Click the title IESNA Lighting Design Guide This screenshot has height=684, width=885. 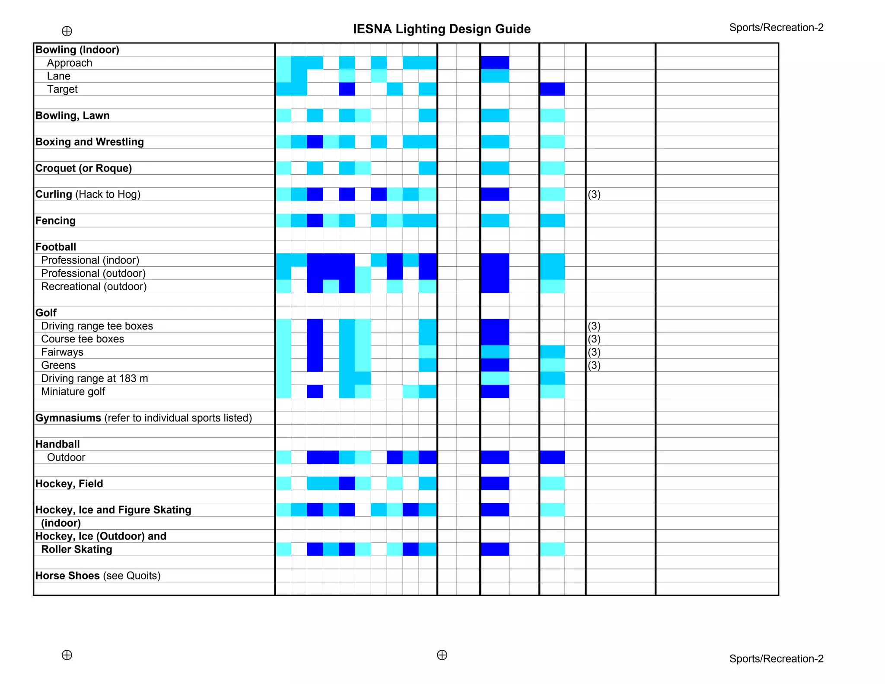pos(442,29)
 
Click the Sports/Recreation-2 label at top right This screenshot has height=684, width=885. pos(776,28)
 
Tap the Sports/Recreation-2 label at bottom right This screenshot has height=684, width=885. pos(776,658)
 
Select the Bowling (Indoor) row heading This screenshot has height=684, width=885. pos(77,50)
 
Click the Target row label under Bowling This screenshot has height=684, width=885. pos(62,89)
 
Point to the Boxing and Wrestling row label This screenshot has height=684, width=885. pos(89,142)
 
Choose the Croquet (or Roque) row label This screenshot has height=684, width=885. pos(83,168)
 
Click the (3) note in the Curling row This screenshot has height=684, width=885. pos(594,194)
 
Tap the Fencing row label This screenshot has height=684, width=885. pos(55,221)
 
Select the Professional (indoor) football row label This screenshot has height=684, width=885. pos(90,260)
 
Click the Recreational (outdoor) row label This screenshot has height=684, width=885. pos(94,287)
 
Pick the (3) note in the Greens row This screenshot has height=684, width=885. pos(594,365)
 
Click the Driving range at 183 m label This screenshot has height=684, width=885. pos(95,379)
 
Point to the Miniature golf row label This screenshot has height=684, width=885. pos(73,392)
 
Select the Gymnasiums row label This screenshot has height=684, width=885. pos(143,418)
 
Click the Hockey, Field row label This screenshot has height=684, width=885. pos(69,484)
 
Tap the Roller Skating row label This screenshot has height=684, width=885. pos(76,550)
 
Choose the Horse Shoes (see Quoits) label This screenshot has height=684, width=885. pos(98,576)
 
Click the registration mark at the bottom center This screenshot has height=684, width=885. pos(442,655)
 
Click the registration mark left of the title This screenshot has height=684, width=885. pos(67,31)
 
